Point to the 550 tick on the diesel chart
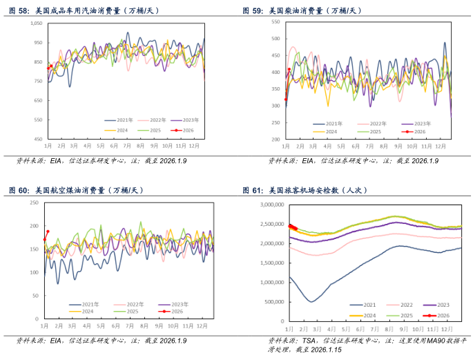(274, 22)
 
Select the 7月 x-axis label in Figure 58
(127, 146)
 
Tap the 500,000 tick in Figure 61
(273, 302)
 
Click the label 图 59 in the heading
(253, 11)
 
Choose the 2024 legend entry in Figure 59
(331, 131)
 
